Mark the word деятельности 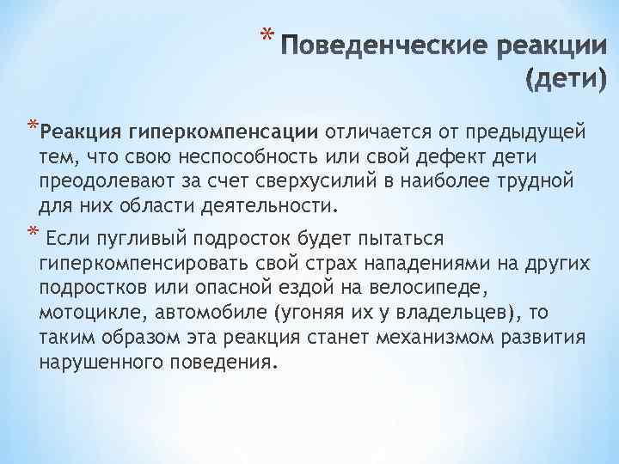(275, 206)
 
